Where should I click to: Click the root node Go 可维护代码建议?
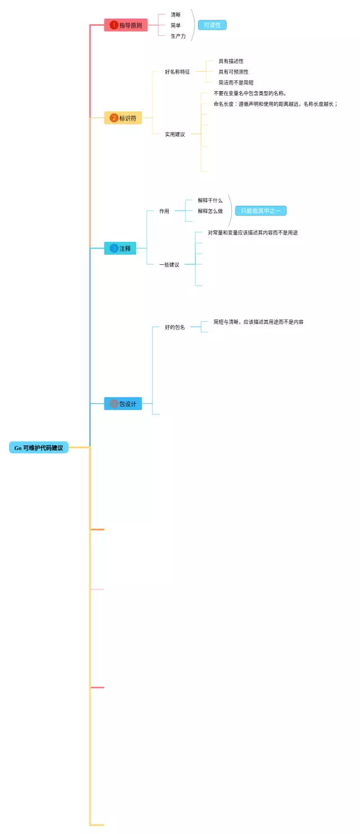pos(39,448)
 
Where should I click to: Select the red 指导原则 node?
pos(126,25)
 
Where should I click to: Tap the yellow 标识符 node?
pos(123,118)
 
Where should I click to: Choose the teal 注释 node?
pos(120,248)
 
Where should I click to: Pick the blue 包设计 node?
pos(123,404)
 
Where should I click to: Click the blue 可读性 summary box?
pos(212,25)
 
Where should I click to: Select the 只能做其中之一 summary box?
pos(261,211)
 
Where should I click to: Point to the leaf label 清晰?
pos(175,15)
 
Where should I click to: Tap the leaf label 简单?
pos(175,25)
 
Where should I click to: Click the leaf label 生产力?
pos(178,36)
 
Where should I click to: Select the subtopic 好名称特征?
pos(177,72)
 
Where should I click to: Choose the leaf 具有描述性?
pos(231,61)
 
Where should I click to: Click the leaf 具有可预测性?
pos(233,72)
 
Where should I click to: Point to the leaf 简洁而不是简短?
pos(236,83)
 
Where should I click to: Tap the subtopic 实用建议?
pos(174,134)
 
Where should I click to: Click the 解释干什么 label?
pos(210,200)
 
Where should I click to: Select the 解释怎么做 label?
pos(210,211)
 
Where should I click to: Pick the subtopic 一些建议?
pos(169,264)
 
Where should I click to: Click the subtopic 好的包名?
pos(174,327)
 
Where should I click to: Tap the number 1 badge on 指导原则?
pos(114,25)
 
